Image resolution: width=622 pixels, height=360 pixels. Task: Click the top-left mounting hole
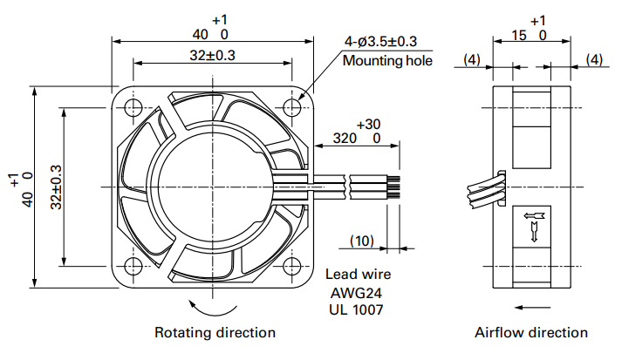pos(133,107)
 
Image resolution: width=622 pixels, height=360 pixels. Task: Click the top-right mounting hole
pos(292,107)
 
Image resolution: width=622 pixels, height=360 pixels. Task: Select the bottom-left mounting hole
pos(133,266)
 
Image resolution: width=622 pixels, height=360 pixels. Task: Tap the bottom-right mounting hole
pos(292,266)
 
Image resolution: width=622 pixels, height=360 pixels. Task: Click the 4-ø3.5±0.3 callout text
pos(380,41)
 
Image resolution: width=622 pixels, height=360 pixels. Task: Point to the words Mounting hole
pos(387,61)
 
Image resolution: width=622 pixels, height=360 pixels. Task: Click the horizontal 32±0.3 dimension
pos(212,55)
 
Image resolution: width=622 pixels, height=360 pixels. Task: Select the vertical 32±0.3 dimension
pos(57,187)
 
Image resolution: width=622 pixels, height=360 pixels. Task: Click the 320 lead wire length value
pos(345,139)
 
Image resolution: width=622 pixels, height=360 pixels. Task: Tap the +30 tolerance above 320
pos(368,125)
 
